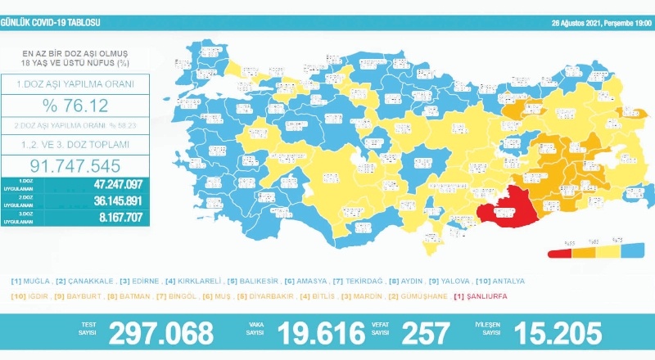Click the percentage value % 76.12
click(75, 106)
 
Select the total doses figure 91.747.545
click(75, 163)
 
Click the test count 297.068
click(160, 333)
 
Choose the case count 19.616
click(320, 333)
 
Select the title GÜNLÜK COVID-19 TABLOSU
click(51, 7)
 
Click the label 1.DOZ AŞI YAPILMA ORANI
click(75, 83)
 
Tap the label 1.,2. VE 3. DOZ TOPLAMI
click(75, 143)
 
